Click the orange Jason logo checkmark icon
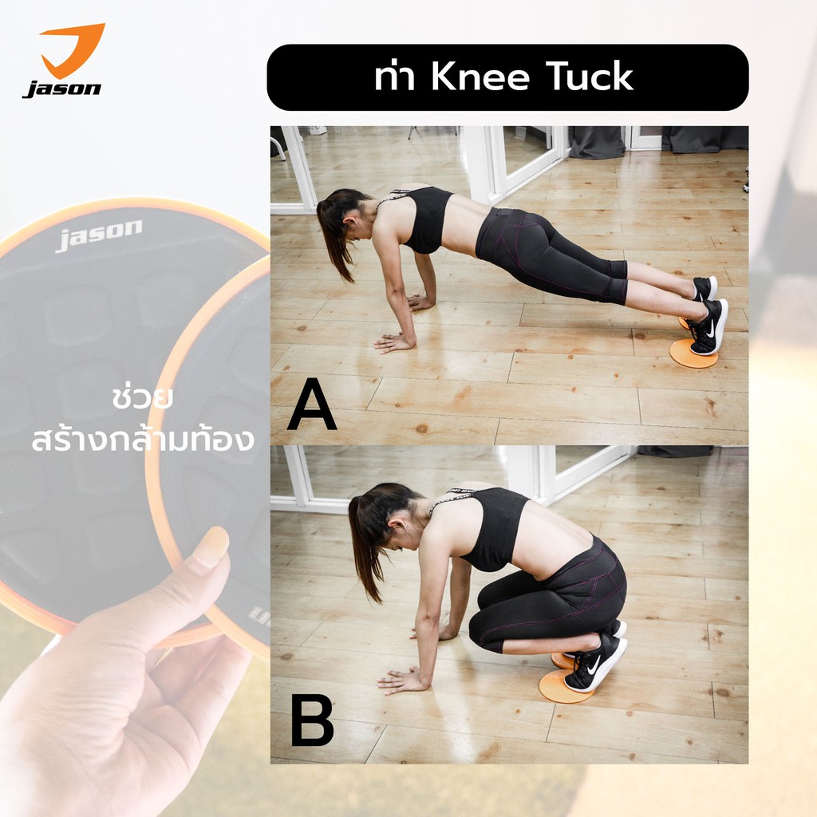[x=73, y=49]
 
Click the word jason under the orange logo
[x=62, y=89]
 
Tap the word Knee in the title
[x=480, y=77]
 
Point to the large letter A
[x=312, y=404]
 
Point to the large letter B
[x=312, y=721]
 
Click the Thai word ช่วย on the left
[x=142, y=398]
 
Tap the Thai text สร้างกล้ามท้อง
[x=142, y=440]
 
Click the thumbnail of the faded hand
[x=210, y=547]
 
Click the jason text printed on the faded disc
[x=98, y=235]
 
